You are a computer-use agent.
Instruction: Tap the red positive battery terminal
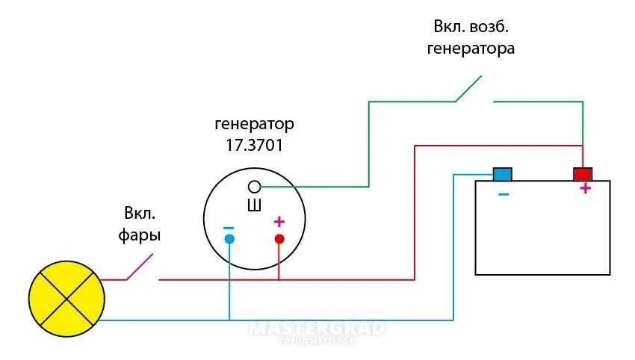coord(583,174)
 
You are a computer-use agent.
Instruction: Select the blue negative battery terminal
coord(502,174)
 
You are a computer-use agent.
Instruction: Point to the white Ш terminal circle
coord(254,186)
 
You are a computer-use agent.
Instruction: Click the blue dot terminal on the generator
coord(229,239)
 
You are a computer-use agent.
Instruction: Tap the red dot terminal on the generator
coord(279,239)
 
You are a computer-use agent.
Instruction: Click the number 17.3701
coord(254,145)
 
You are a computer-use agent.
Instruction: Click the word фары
coord(139,235)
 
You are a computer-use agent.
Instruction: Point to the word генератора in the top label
coord(471,49)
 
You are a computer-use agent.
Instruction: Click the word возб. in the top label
coord(492,27)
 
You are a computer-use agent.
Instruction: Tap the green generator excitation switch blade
coord(468,88)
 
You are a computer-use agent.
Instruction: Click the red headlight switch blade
coord(140,267)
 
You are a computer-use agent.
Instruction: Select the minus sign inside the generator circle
coord(229,227)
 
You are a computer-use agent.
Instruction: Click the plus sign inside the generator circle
coord(279,222)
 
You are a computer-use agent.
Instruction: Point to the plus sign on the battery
coord(585,188)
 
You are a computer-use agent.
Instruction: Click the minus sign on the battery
coord(503,194)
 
